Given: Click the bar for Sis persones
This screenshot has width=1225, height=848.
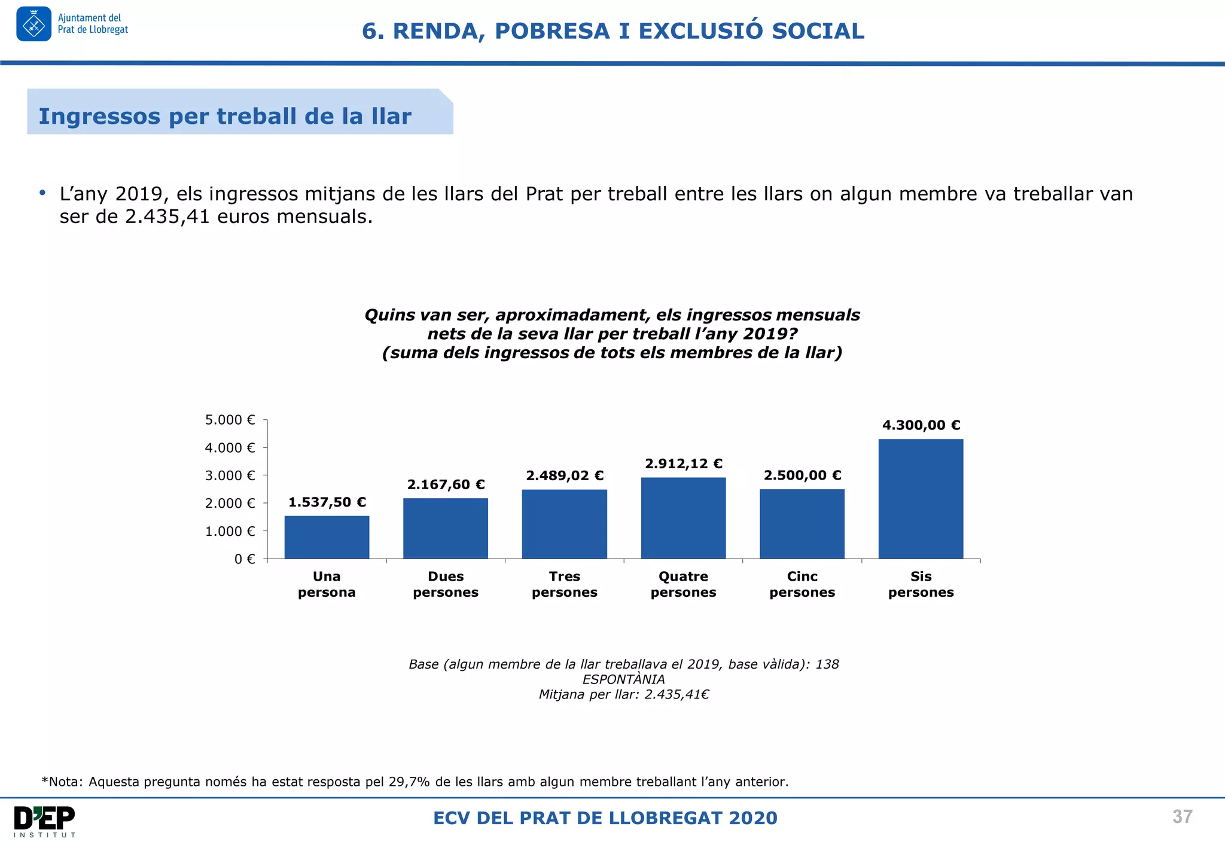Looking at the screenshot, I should coord(921,499).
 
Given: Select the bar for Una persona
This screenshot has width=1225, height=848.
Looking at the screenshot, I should coord(327,537).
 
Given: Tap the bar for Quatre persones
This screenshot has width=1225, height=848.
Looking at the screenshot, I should coord(683,518).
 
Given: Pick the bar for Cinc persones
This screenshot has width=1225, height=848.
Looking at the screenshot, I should coord(802,524).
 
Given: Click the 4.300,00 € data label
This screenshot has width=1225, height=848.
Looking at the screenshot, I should coord(921,425).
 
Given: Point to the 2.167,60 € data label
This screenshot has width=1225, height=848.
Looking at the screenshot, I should coord(446,484).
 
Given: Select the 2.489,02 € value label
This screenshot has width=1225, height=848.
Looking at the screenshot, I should coord(564,475).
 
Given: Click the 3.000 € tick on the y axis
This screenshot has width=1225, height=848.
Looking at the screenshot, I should coord(230,475).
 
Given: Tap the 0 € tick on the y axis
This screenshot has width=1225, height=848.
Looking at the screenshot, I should coord(244,559).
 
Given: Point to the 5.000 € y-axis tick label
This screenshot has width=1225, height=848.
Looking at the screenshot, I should coord(230,420).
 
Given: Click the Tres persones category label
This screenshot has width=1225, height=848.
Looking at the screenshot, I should coord(564,584).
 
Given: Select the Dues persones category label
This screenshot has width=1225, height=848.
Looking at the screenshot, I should coord(446,584).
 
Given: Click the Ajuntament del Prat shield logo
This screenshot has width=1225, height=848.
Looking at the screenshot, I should coord(33,25).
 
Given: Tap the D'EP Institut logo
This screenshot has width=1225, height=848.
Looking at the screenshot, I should coord(44,820).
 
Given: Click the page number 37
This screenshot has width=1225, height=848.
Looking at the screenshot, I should coord(1182,816).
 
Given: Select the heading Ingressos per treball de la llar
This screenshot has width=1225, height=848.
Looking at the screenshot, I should coord(225,116).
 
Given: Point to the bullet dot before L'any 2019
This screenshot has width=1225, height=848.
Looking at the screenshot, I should coord(42,193).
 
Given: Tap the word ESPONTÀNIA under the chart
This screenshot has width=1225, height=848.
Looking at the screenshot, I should coord(623,679).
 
